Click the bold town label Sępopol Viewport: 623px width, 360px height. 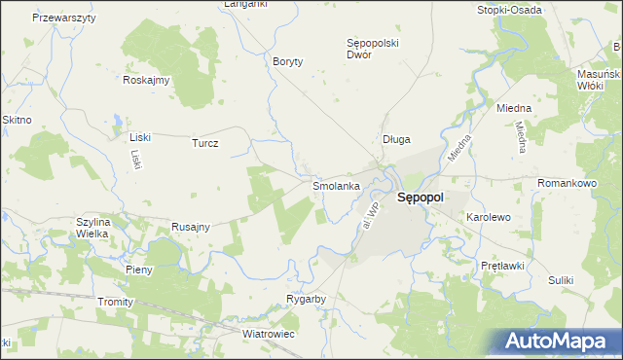pos(421,198)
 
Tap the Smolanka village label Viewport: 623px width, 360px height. pos(337,185)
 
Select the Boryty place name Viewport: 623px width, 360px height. pos(288,61)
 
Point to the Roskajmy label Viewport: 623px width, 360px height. pos(147,81)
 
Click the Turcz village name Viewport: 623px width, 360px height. pos(205,143)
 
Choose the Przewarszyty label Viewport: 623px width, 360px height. pos(64,18)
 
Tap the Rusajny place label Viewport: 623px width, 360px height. pos(192,226)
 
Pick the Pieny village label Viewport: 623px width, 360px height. pos(139,270)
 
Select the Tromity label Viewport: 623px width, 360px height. pos(115,302)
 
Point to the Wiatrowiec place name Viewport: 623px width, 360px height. pos(269,334)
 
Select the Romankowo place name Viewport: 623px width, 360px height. pos(566,183)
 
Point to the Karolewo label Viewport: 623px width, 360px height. pos(489,217)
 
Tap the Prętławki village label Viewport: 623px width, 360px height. pos(503,266)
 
